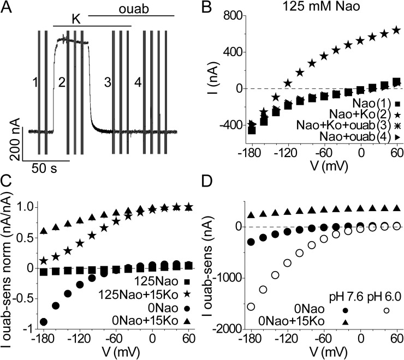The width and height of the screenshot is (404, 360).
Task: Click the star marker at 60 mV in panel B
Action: (397, 30)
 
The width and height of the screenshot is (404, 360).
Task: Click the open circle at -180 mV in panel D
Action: (251, 307)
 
